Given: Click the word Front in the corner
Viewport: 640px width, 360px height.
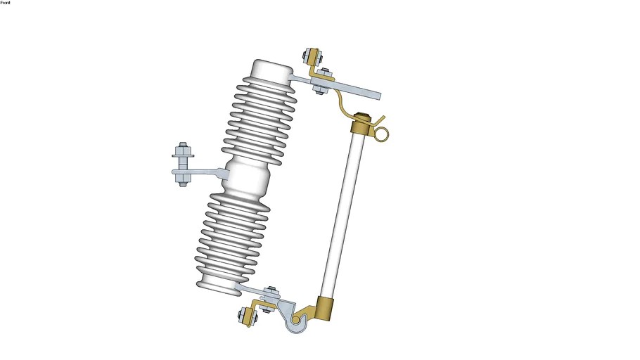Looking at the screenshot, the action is tap(6, 2).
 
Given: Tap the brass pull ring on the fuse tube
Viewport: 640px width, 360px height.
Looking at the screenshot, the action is tap(382, 134).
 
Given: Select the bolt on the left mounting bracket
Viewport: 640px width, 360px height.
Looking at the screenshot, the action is tap(182, 164).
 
